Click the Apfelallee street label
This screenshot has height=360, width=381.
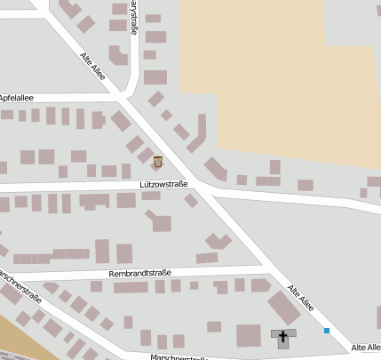[x=17, y=97]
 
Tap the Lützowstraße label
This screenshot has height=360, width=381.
[x=163, y=184]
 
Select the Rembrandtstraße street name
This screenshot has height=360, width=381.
[x=139, y=273]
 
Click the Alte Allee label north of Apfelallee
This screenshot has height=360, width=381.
[x=92, y=67]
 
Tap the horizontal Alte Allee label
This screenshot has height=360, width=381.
[x=367, y=347]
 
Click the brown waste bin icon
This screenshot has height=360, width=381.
[x=158, y=161]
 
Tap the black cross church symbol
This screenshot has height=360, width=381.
[x=284, y=336]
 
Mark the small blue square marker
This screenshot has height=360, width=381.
[x=327, y=331]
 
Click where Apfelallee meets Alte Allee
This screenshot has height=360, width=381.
[x=117, y=96]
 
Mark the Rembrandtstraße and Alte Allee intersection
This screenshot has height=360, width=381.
[x=263, y=266]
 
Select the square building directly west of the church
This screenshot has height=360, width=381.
[x=249, y=335]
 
